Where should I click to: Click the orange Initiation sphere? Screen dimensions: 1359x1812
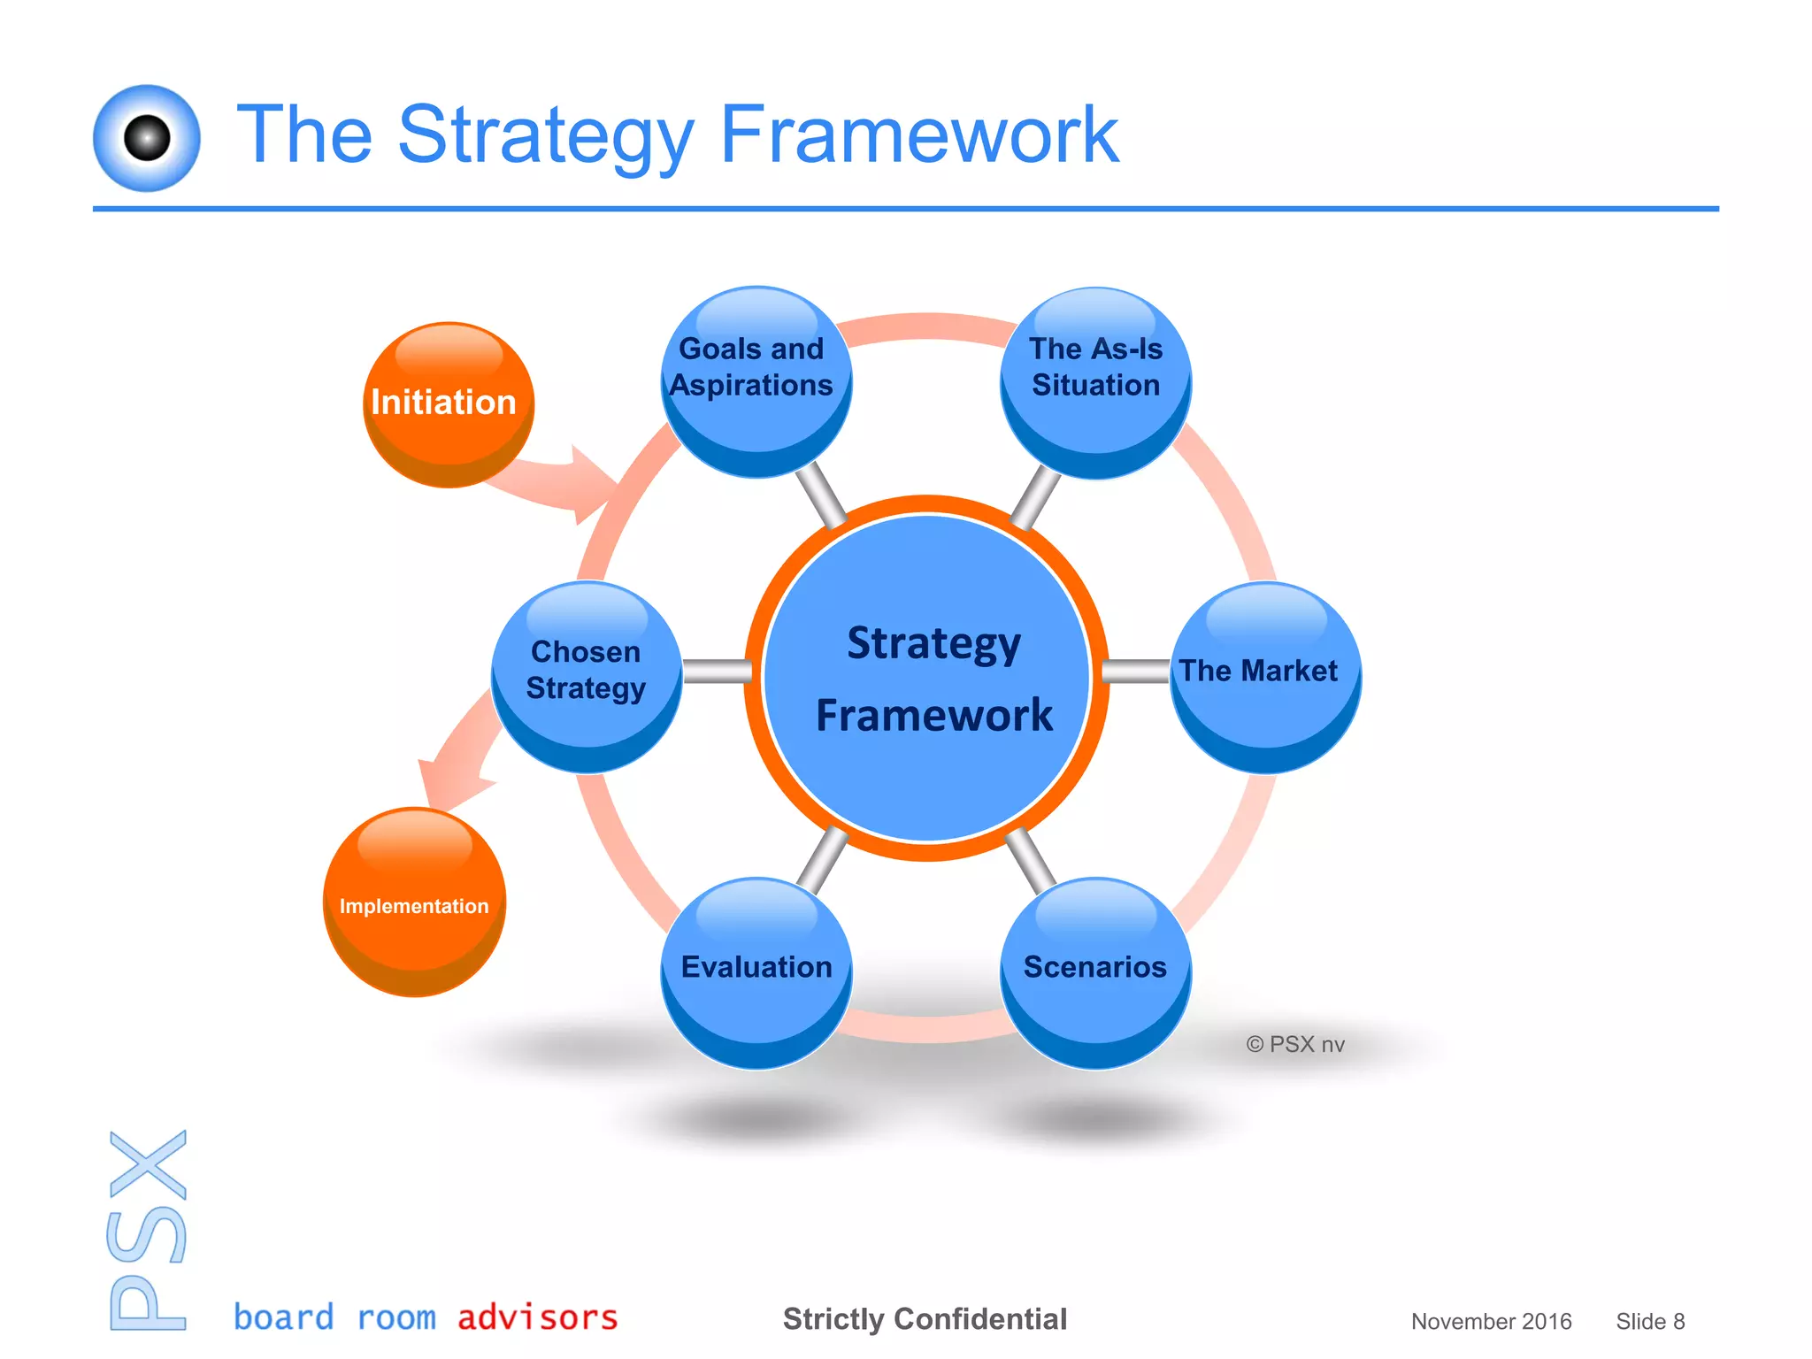click(x=448, y=404)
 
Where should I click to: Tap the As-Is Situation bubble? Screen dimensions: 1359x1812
click(x=1095, y=382)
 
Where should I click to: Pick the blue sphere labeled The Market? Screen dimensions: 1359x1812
click(x=1265, y=677)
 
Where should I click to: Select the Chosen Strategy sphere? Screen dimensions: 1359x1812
click(x=586, y=677)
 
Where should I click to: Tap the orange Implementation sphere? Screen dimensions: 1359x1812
click(x=414, y=902)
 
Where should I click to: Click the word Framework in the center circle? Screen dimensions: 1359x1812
click(x=934, y=715)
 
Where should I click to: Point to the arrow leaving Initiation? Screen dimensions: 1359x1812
click(x=557, y=482)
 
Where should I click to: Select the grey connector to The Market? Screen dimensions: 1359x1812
click(x=1136, y=672)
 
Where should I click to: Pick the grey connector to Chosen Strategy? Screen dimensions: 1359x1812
click(x=717, y=672)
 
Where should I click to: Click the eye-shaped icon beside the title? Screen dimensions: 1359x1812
click(x=147, y=138)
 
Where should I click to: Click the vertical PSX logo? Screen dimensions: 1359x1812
click(x=148, y=1230)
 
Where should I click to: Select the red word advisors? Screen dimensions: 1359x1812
click(x=537, y=1317)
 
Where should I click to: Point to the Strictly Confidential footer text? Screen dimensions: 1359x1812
click(x=925, y=1319)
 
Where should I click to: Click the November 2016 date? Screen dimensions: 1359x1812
click(x=1491, y=1322)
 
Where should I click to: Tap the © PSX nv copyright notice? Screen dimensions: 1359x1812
click(x=1295, y=1045)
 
